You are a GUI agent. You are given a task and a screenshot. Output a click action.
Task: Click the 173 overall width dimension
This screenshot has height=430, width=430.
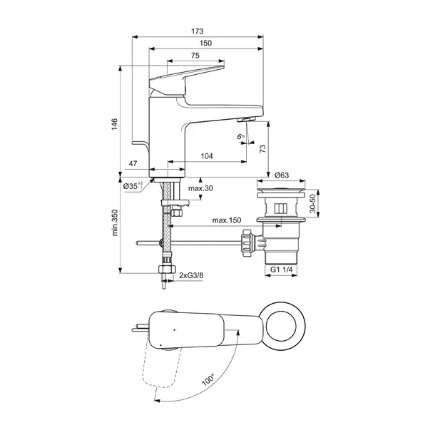198,31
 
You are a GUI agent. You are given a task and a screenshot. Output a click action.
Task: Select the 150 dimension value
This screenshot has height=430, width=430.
205,43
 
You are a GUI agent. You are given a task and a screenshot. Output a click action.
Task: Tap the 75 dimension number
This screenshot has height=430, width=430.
195,56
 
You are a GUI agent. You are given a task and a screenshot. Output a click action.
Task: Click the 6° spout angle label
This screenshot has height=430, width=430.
240,135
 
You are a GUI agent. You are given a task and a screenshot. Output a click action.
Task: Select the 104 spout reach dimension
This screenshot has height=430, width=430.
207,155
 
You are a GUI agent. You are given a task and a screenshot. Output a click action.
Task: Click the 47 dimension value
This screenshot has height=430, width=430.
133,164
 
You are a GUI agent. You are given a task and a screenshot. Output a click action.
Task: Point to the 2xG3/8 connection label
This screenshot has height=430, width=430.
191,275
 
